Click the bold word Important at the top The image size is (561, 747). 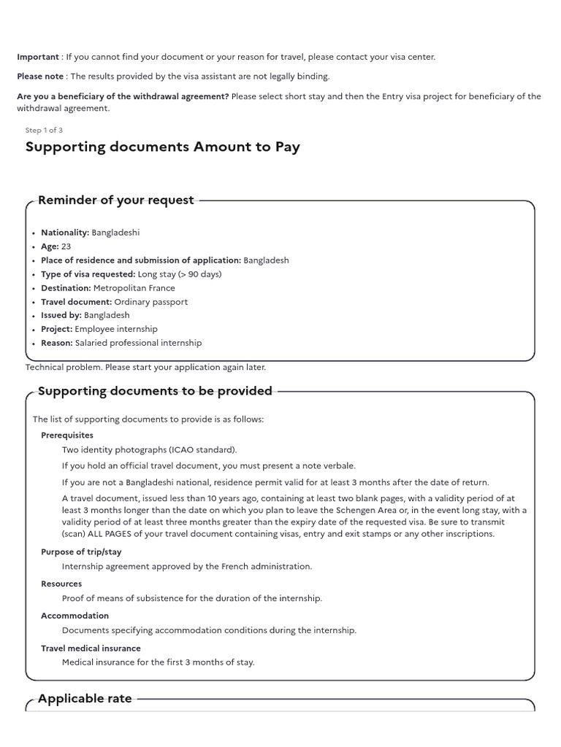point(38,57)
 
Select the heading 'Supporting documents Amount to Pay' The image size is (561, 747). point(162,147)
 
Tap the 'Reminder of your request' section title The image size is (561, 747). point(115,200)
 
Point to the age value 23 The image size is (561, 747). point(66,247)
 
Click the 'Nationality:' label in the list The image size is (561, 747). point(65,233)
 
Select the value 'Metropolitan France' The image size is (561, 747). point(134,288)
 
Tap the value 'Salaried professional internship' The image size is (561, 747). point(138,343)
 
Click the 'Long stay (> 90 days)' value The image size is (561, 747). point(180,274)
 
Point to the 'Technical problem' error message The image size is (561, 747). point(145,367)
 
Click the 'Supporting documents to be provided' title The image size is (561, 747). point(155,391)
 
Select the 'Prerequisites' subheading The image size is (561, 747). point(67,436)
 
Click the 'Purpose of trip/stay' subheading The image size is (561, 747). point(83,552)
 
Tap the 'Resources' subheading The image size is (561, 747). point(61,584)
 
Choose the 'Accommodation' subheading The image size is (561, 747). point(75,616)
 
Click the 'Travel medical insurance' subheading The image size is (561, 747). point(91,648)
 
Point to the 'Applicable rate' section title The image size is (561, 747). point(85,698)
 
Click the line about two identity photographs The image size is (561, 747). point(149,449)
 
